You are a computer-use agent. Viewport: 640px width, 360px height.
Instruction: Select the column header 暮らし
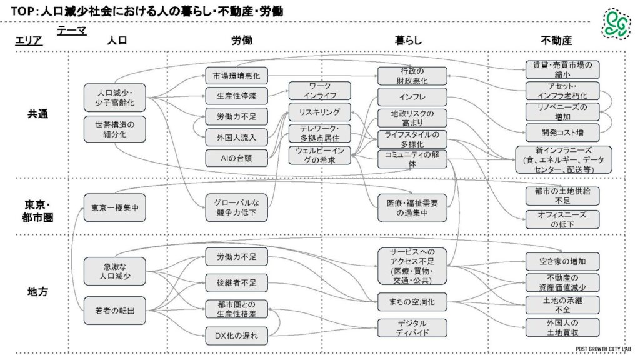tap(408, 41)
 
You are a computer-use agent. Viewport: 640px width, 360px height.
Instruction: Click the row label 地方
tap(34, 292)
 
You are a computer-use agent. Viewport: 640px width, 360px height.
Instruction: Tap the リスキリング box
tap(319, 112)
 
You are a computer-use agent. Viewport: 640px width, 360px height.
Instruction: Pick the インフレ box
tap(412, 97)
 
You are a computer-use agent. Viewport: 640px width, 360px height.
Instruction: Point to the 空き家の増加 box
tap(562, 261)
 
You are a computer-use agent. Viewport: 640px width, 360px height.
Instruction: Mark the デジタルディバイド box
tap(412, 327)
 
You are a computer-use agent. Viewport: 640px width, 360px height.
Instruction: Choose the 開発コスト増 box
tap(562, 132)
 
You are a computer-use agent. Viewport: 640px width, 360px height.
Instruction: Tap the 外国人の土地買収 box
tap(562, 327)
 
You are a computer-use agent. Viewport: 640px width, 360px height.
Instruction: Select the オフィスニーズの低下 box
tap(562, 219)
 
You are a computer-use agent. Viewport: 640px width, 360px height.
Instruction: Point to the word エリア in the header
tap(29, 41)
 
